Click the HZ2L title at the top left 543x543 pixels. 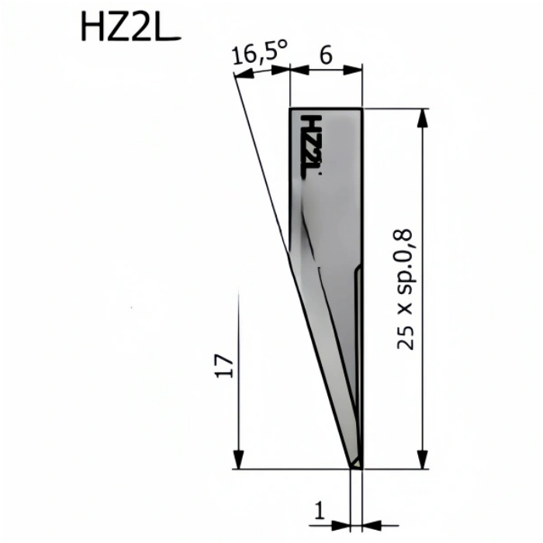(130, 26)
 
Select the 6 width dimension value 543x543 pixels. (326, 55)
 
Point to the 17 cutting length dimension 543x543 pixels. (225, 366)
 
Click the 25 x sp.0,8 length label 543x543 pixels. (405, 289)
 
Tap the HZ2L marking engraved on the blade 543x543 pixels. (310, 147)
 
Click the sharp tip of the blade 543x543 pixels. (352, 469)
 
